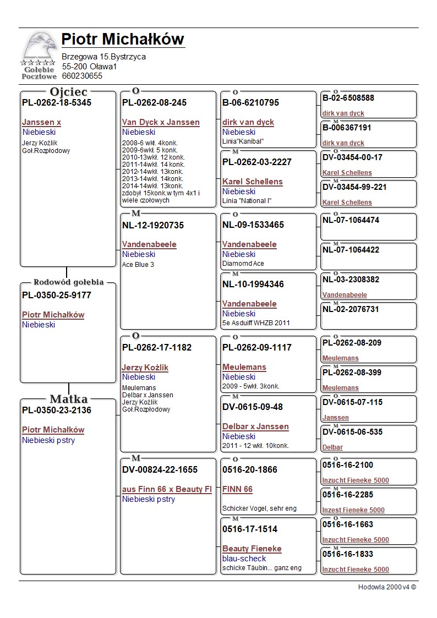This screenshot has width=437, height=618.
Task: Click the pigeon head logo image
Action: coord(40,50)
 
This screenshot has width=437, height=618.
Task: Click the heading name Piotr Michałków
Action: coord(122,40)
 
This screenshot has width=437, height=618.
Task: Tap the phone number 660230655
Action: coord(82,76)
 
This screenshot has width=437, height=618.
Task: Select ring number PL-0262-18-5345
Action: coord(57,103)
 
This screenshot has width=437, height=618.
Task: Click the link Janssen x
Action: coord(41,122)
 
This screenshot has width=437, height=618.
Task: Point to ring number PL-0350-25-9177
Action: coord(57,296)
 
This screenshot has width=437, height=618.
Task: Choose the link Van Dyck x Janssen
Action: coord(161,122)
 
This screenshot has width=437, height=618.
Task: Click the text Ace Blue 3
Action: coord(138,264)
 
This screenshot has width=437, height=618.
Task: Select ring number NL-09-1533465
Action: coord(253,225)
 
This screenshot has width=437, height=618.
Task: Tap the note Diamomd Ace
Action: coord(243,264)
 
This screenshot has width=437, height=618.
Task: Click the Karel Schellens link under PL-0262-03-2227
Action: coord(252,182)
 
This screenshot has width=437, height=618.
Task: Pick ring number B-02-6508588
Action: coord(348,98)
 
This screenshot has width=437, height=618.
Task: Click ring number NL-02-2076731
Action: coord(351,309)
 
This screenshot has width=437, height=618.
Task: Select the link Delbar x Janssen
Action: coord(255,426)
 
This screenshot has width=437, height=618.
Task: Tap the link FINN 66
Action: coord(237,489)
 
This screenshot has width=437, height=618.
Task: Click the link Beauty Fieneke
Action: coord(252,549)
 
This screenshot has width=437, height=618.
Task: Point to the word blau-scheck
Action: coord(244,559)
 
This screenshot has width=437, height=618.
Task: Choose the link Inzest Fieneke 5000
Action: coord(353,510)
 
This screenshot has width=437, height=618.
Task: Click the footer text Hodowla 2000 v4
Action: coord(387,587)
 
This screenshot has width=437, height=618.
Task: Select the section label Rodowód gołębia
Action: coord(68,282)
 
